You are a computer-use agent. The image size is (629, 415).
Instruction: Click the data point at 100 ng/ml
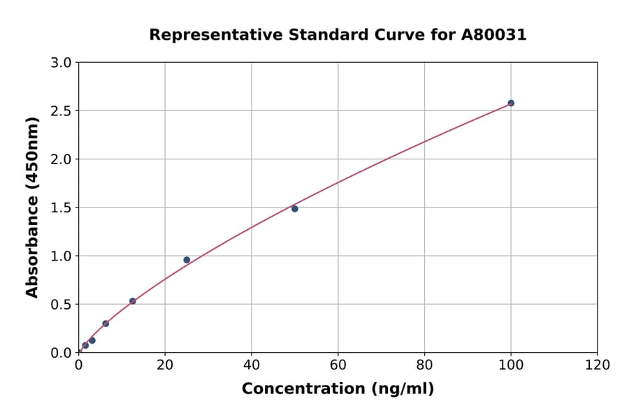511,103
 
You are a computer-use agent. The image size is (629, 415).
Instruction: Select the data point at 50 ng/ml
295,209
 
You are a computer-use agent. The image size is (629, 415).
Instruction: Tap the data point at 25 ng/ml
187,260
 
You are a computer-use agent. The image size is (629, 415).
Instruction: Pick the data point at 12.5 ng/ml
133,301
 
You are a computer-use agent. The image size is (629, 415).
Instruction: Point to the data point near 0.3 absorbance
106,323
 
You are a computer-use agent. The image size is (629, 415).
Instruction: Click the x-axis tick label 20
165,365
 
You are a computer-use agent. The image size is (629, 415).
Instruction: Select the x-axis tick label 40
252,365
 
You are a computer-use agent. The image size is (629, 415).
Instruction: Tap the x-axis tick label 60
338,365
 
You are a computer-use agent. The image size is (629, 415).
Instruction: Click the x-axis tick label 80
424,365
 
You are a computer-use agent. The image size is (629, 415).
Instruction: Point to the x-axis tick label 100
511,365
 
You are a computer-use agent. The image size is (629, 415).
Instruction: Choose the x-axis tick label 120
598,365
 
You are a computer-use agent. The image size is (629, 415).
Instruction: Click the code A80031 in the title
495,35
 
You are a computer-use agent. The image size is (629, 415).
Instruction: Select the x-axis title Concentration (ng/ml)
338,389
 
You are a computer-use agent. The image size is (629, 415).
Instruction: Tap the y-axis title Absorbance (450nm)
32,207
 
